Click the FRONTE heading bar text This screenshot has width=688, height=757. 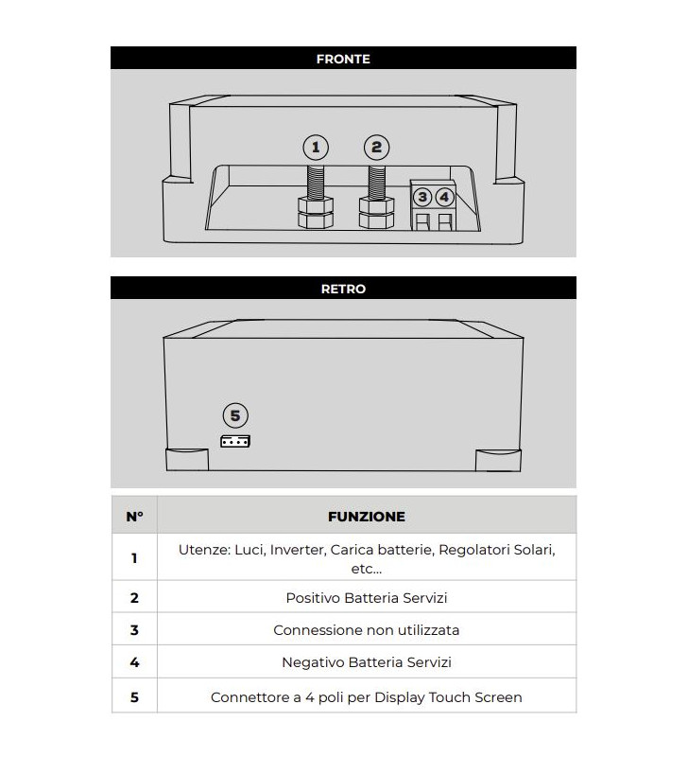coord(343,59)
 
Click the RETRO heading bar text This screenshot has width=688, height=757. coord(343,289)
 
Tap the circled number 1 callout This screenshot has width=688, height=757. coord(316,148)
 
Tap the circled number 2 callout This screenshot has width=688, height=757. coord(376,147)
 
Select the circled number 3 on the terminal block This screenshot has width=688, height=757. coord(422,197)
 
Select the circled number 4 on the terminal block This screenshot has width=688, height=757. coord(444,197)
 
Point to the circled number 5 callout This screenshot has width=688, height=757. coord(235,415)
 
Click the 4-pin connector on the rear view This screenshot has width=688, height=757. coord(235,440)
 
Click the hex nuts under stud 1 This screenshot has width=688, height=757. coord(316,214)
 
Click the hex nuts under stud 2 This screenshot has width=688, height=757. coord(375,214)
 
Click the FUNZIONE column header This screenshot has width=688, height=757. coord(366,517)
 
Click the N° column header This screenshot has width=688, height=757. coord(134,517)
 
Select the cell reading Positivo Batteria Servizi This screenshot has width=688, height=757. coord(366,598)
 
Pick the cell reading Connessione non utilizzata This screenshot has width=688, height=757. coord(366,630)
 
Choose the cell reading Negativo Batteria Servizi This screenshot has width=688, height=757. coord(366,663)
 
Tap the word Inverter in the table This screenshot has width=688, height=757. coord(296,550)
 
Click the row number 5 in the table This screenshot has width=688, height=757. coord(134,697)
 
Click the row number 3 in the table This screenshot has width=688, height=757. coord(134,630)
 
